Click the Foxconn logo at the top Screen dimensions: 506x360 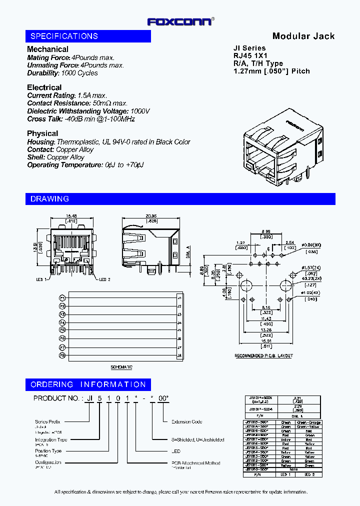coord(179,21)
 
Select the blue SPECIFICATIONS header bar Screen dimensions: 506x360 coord(88,36)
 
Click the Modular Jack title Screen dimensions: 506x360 coord(303,36)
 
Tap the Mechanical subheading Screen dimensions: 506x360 coord(47,49)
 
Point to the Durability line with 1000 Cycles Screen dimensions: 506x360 coord(62,73)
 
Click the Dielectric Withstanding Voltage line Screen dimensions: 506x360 coord(88,111)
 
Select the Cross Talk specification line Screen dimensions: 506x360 coord(81,119)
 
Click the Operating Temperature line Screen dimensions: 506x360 coord(85,165)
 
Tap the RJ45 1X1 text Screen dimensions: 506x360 coord(251,56)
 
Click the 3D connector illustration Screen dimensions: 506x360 coord(282,145)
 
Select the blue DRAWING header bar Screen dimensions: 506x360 coord(180,198)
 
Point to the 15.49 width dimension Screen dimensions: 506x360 coord(71,216)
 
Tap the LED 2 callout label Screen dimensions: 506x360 coord(104,279)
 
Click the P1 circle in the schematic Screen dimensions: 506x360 coord(62,297)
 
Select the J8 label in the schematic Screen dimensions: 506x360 coord(179,355)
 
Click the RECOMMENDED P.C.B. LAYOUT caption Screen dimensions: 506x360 coord(263,356)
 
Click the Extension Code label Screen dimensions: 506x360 coord(186,421)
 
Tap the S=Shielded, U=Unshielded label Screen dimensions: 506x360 coord(197,439)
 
